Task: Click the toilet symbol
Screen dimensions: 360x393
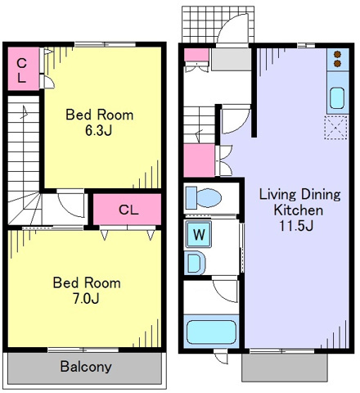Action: pos(204,198)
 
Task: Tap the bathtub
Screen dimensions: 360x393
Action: pos(211,332)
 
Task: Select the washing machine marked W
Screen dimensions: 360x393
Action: pos(199,234)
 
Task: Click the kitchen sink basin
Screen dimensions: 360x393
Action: pos(337,98)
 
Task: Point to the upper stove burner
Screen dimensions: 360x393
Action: pos(338,54)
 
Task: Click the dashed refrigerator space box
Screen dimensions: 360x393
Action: pos(336,128)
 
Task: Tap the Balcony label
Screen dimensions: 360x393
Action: pos(86,367)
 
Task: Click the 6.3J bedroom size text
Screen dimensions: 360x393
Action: pos(99,131)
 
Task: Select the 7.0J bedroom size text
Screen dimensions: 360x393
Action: pos(86,299)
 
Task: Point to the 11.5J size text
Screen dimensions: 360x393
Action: pos(297,226)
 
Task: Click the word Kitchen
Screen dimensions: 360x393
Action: pos(299,210)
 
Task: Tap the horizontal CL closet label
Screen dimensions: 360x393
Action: pos(128,210)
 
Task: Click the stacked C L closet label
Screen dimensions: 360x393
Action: pos(22,70)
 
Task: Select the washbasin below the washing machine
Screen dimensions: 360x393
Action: pos(195,263)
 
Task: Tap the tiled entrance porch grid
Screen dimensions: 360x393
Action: pos(218,25)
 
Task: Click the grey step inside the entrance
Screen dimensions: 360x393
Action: pos(232,59)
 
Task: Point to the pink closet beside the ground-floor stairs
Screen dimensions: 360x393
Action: pos(199,160)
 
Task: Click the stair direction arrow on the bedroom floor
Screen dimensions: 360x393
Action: pos(25,112)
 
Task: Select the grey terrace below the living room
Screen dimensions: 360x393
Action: pos(285,368)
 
